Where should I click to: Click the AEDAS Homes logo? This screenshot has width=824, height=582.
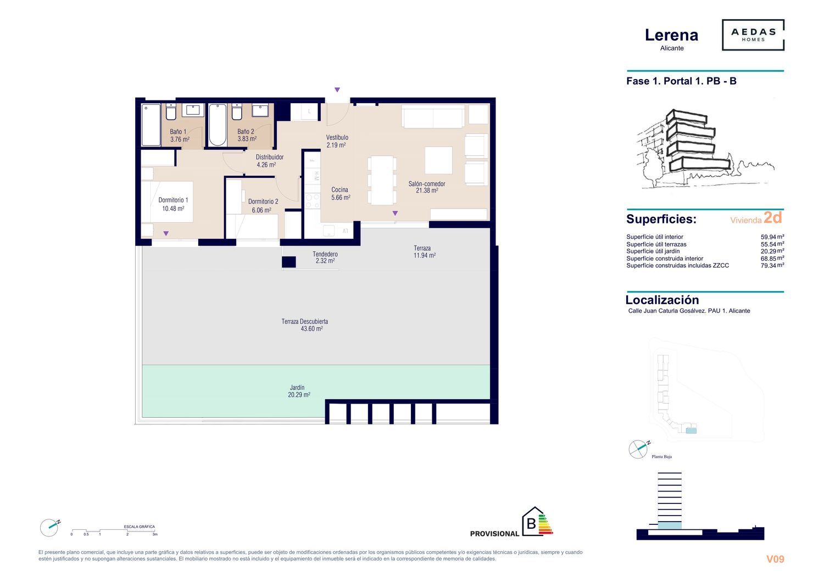point(753,35)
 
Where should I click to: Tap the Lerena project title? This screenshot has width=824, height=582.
point(671,35)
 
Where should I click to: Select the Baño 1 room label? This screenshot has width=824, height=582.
point(178,132)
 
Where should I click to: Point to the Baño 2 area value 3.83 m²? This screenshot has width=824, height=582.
point(247,139)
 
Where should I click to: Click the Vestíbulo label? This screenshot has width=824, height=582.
point(337,137)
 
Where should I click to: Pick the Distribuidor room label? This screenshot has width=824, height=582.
point(270,157)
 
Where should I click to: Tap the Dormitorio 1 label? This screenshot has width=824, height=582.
point(173,200)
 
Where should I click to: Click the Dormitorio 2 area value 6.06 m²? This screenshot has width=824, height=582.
point(261,210)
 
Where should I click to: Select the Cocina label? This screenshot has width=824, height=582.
point(339,190)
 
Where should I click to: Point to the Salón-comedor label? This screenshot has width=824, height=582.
point(427,183)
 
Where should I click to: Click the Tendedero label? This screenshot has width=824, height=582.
point(325,254)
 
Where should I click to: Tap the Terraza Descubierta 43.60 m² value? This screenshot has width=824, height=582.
point(311,329)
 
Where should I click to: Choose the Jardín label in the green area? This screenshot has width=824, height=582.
point(297,388)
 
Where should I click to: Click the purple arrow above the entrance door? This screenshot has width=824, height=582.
point(337,89)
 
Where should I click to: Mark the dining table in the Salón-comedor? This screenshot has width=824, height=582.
point(382,180)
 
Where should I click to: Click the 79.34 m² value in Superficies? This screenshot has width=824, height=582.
point(772,265)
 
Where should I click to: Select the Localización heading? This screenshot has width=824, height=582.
point(662,300)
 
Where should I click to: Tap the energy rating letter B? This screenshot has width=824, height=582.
point(531,524)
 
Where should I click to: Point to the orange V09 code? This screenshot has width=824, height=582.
point(775,559)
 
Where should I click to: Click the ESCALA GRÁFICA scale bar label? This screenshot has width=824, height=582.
point(140,527)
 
